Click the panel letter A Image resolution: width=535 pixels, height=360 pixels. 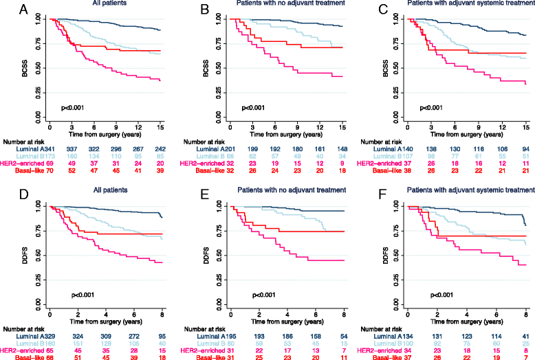6,10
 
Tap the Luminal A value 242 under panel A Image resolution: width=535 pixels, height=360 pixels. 162,146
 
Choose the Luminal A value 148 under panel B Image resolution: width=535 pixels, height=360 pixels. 342,146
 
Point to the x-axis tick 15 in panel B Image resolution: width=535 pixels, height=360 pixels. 342,128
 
